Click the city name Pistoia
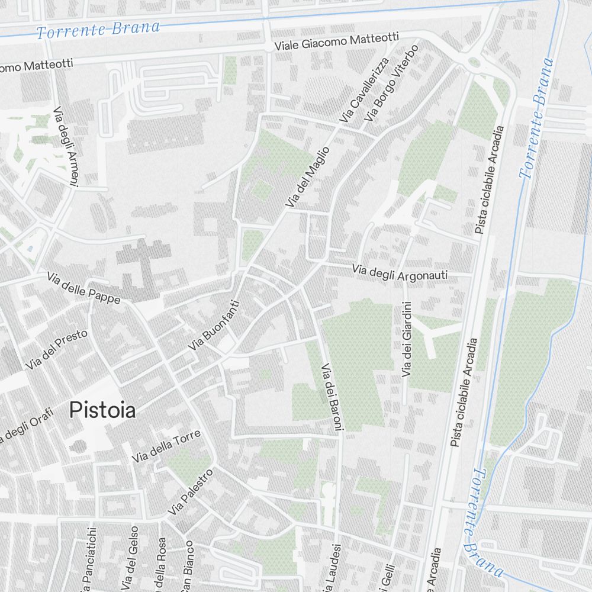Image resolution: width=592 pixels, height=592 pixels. pos(102,410)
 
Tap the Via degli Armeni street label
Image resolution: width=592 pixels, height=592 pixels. pos(66,147)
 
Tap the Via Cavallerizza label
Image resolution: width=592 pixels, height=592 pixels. pos(363,91)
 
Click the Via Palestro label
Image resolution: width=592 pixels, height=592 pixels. pos(189,493)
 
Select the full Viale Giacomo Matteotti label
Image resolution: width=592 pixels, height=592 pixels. pos(336,42)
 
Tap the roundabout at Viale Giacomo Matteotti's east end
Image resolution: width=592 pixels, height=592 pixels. pos(474,62)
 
